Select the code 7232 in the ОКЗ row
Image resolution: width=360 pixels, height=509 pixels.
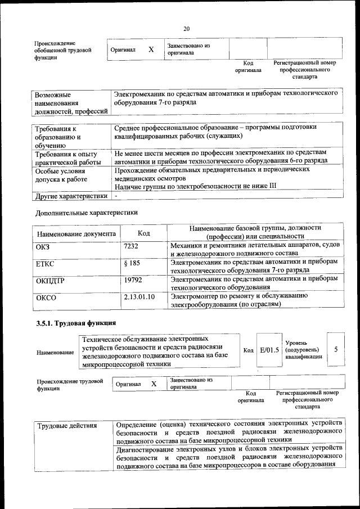click(x=131, y=246)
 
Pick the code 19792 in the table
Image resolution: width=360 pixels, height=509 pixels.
click(x=133, y=279)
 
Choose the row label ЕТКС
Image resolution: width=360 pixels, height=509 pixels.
click(x=45, y=263)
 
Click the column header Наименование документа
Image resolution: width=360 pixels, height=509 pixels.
click(x=76, y=233)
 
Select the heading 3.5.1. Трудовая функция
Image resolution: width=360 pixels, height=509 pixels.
click(x=76, y=323)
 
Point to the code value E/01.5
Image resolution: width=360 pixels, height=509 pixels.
click(x=269, y=350)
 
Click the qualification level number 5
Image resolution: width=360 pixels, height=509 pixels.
click(x=336, y=349)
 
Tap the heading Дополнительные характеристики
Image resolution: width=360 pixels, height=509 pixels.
click(x=86, y=213)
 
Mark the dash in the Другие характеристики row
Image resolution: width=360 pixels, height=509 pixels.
click(x=115, y=196)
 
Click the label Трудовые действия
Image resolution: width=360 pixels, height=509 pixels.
click(x=67, y=425)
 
